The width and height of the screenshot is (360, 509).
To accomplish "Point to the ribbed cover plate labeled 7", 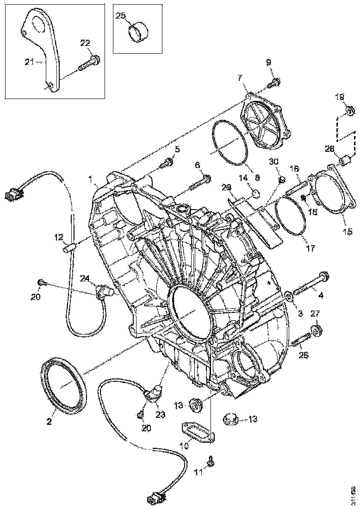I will point(266,121).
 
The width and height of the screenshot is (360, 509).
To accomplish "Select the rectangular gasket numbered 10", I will point(197,430).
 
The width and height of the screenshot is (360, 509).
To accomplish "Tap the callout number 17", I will point(310,248).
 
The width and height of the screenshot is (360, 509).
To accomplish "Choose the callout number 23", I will point(160,415).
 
